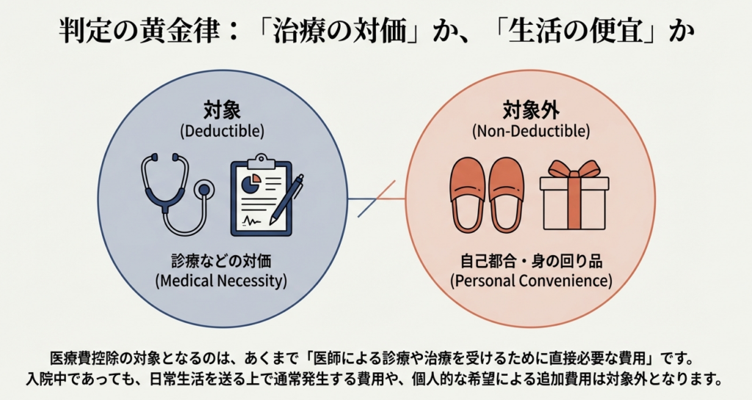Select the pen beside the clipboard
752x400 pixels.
[x=287, y=198]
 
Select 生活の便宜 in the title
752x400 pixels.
[x=577, y=33]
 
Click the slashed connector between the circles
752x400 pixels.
[x=376, y=199]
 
